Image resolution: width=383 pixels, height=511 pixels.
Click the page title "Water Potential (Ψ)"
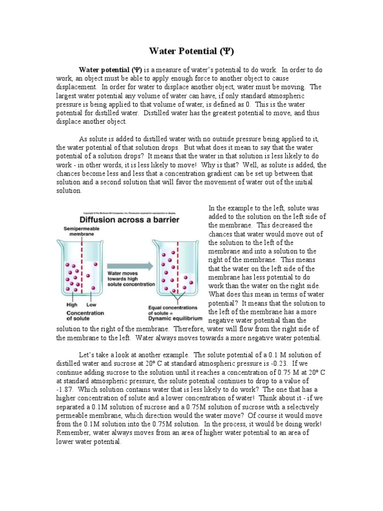pos(191,51)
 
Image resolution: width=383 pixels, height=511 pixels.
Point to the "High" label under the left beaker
pos(72,304)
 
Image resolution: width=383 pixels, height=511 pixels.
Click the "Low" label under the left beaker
pos(91,304)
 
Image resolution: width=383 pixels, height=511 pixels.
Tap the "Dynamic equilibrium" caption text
pos(175,318)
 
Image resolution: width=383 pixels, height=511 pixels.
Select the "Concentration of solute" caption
pos(85,316)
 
